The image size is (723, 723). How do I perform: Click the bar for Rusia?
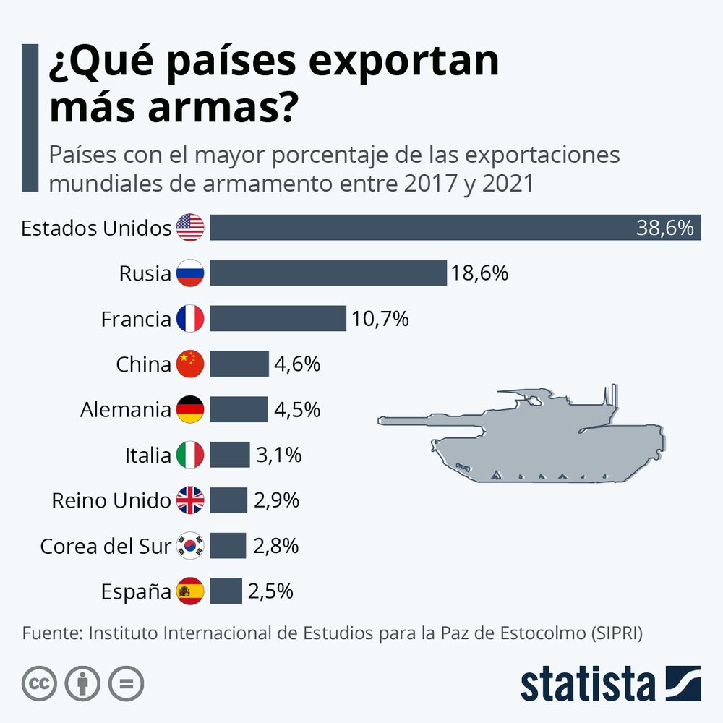[328, 273]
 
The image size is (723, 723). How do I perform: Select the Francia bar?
[278, 318]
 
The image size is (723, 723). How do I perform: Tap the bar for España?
[226, 591]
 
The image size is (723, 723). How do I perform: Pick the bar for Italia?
[229, 455]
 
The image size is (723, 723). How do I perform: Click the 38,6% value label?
[664, 228]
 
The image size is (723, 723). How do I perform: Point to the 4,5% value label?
[296, 409]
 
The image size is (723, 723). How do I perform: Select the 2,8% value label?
[275, 546]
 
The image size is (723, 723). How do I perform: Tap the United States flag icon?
[190, 228]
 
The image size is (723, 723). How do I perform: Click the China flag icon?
[190, 364]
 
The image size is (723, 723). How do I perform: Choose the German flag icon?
[190, 410]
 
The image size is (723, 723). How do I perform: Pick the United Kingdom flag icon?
[190, 500]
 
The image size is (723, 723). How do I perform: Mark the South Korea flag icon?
[190, 546]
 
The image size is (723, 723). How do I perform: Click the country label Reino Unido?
[111, 500]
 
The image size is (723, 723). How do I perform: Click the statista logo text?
[587, 683]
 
